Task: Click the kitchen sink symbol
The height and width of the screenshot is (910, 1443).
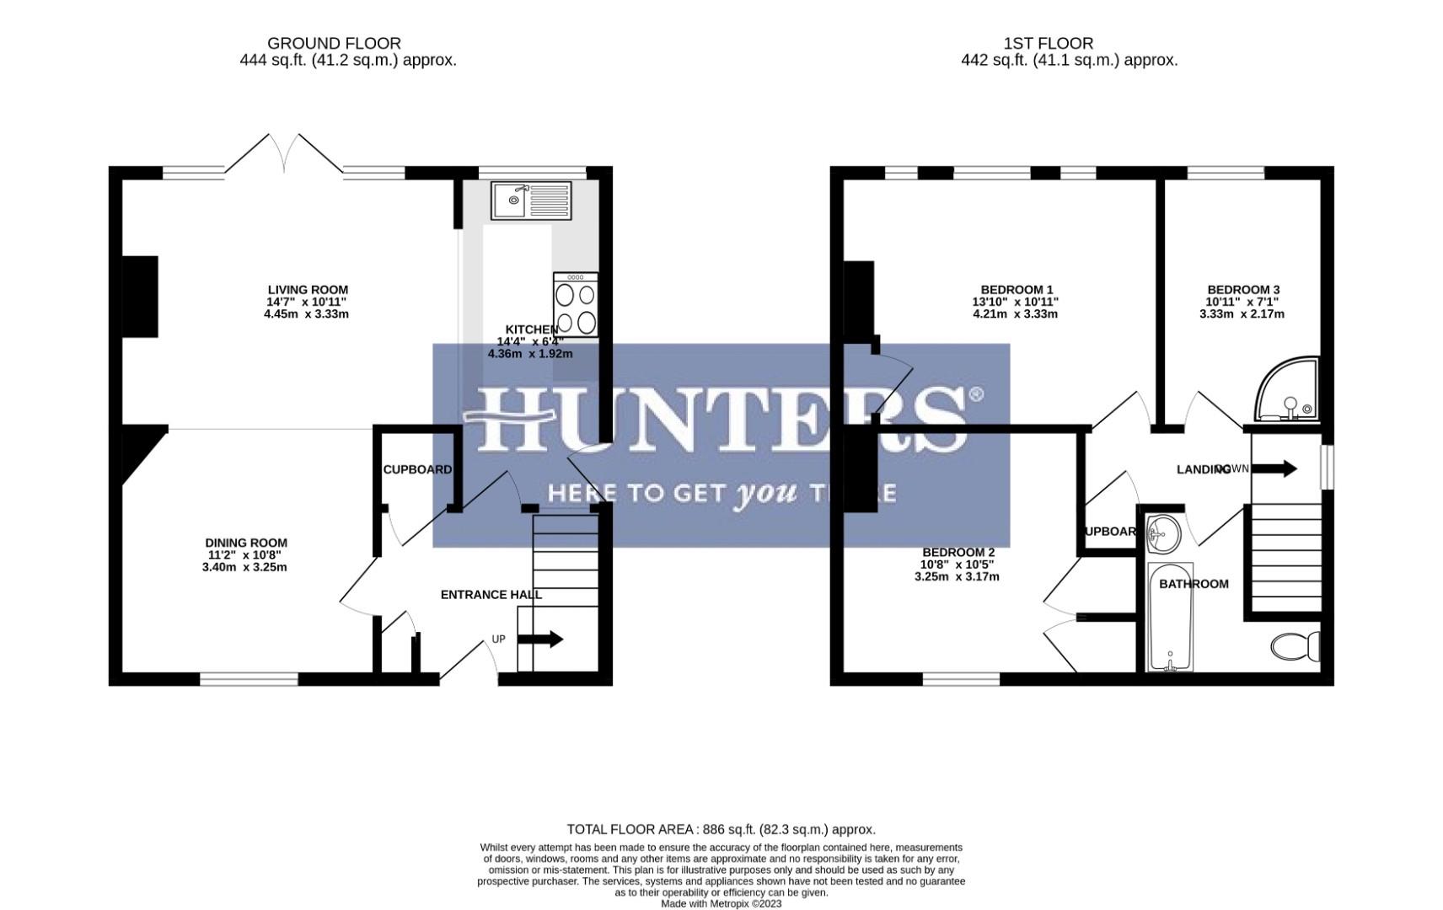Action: point(531,201)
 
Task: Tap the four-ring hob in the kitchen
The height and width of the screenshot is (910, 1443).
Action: point(576,305)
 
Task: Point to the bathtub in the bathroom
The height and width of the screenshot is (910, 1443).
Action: point(1170,618)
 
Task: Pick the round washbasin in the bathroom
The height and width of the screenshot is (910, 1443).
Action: point(1164,533)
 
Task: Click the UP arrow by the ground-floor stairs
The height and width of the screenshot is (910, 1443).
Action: point(539,640)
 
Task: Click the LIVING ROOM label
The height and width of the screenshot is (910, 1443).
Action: point(308,290)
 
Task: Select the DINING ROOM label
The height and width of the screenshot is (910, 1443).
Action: point(246,543)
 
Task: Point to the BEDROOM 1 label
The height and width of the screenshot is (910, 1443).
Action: point(1017,290)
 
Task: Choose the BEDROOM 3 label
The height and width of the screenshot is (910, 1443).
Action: point(1242,290)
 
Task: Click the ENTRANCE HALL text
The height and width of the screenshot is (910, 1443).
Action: point(491,595)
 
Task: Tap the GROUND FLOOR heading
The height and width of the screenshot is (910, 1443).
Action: point(334,43)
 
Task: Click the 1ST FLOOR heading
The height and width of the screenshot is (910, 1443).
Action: point(1048,43)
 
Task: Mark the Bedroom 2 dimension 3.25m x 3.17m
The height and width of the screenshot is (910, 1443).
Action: point(957,577)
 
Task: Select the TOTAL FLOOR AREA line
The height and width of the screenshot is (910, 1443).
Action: point(721,830)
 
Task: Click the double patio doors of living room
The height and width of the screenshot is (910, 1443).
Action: point(285,156)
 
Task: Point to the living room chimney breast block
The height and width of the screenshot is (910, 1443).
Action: point(140,297)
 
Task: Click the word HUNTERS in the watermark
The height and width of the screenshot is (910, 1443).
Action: point(721,419)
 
